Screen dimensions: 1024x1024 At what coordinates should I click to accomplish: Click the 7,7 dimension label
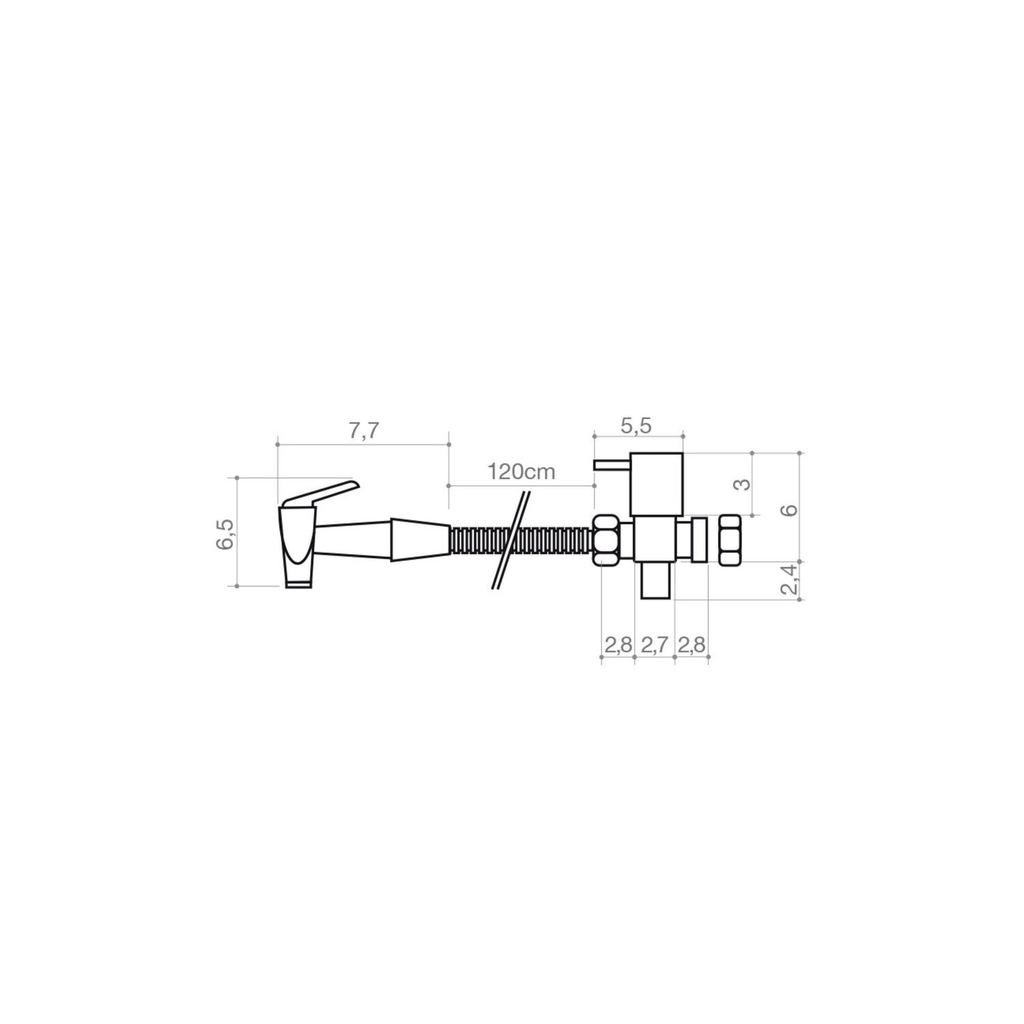tap(363, 432)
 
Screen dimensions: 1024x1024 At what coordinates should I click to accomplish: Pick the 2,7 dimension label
tap(654, 646)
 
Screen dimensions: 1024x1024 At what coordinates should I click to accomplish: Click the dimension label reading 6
tap(790, 510)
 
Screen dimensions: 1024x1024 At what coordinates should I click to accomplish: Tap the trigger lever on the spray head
tap(321, 493)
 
